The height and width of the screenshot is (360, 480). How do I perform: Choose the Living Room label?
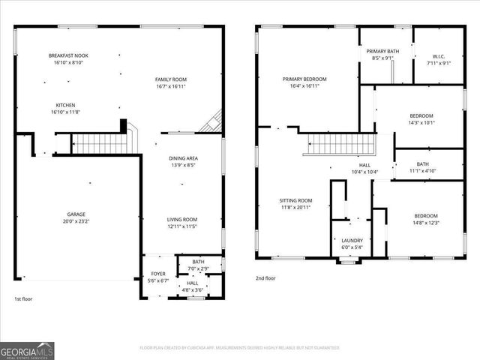click(181, 223)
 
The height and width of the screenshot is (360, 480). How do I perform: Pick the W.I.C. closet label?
click(439, 59)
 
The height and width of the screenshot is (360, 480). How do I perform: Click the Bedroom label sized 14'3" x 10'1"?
click(421, 118)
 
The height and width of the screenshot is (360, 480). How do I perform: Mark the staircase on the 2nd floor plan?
click(339, 142)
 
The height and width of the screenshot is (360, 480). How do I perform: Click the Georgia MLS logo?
click(26, 350)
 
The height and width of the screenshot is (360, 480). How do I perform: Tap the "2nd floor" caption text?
click(265, 278)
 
